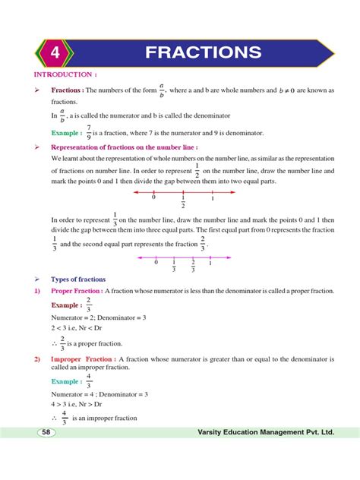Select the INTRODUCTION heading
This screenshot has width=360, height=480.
click(x=65, y=75)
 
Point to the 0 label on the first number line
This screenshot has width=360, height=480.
click(x=153, y=197)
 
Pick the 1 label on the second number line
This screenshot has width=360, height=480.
click(x=210, y=262)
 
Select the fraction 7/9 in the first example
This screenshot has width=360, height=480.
click(x=89, y=132)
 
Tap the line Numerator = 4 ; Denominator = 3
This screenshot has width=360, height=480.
click(x=99, y=394)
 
